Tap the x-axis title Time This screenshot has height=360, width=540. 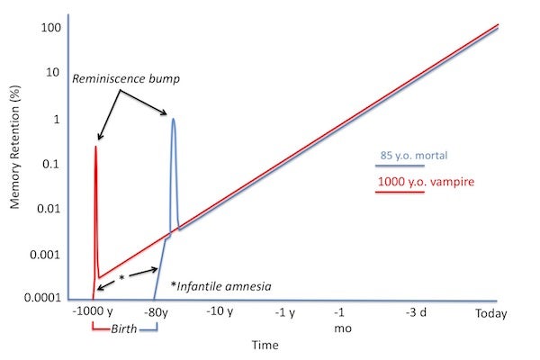[265, 345]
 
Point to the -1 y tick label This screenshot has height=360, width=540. [286, 312]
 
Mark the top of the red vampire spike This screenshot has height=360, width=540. [95, 147]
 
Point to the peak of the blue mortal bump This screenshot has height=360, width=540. [173, 119]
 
